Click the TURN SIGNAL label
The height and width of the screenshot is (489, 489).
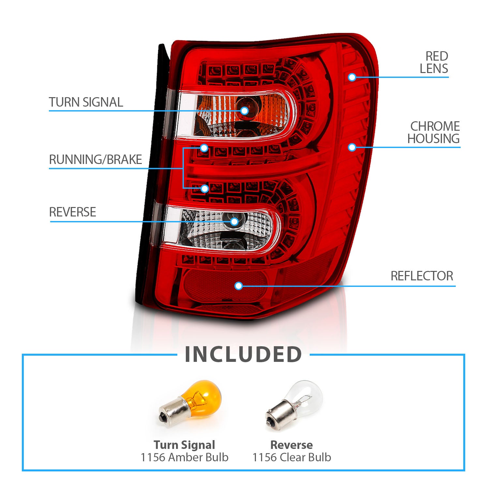(x=86, y=102)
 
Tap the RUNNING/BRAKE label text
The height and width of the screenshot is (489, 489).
(x=96, y=160)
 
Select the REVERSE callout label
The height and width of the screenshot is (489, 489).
(x=72, y=212)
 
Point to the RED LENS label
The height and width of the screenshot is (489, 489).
(x=434, y=63)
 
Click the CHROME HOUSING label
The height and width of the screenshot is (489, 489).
(x=434, y=132)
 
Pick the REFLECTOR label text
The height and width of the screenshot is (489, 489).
(x=422, y=276)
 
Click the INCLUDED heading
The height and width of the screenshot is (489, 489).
(x=243, y=354)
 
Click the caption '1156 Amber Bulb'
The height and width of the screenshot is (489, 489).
(x=185, y=457)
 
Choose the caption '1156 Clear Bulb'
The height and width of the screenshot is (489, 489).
(x=292, y=457)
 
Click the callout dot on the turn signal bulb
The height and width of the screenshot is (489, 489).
(x=244, y=111)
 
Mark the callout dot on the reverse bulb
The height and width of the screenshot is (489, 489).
(x=234, y=222)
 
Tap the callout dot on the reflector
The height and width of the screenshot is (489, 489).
(x=239, y=286)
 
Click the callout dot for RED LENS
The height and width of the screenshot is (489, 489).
(x=352, y=77)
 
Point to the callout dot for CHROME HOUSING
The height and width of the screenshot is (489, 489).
(x=352, y=147)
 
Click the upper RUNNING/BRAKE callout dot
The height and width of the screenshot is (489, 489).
(x=204, y=148)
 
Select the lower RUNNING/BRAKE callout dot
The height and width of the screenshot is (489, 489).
(x=205, y=188)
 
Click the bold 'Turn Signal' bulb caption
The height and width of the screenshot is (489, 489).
(x=185, y=445)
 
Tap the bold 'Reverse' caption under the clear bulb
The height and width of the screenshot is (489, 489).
(x=292, y=445)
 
